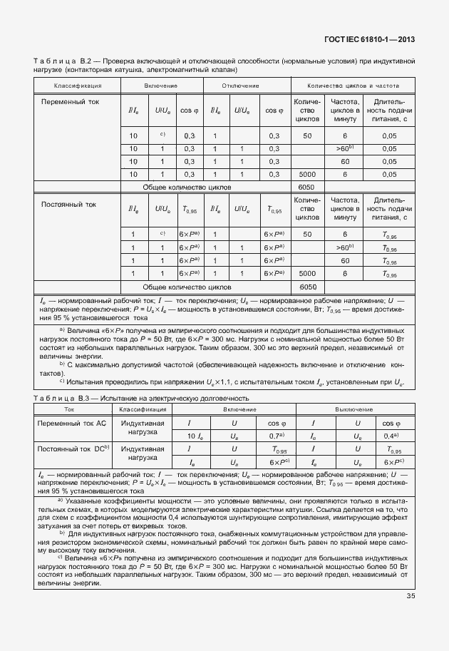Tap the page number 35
[411, 596]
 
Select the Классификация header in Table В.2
[77, 86]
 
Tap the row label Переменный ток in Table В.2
[71, 102]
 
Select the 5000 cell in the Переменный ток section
[307, 174]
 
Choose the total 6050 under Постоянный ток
[307, 287]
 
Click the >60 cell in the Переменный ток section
[345, 148]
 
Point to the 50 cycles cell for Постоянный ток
[307, 235]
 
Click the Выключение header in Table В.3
[355, 410]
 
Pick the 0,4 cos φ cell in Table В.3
[390, 435]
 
